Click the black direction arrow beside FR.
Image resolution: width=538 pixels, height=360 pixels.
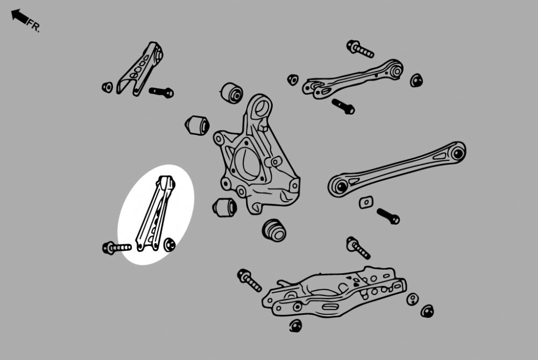(19, 17)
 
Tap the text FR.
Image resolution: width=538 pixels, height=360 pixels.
(33, 26)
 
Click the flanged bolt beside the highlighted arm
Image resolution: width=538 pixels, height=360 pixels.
(117, 248)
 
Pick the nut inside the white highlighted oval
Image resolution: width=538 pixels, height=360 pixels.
(169, 245)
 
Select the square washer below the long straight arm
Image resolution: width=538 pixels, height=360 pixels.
(366, 202)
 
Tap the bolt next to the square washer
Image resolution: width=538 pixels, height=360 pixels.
(388, 216)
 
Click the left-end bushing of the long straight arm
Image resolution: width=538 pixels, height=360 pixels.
(341, 186)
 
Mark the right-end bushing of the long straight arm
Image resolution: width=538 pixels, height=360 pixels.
(458, 153)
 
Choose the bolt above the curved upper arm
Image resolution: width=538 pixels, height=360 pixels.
(360, 49)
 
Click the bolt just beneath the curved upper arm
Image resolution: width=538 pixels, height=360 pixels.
(343, 107)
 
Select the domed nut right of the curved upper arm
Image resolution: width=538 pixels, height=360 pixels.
(416, 80)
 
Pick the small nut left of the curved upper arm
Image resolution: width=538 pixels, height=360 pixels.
(293, 80)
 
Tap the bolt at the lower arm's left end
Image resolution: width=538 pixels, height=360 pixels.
(250, 280)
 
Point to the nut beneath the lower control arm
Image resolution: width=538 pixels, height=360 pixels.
(295, 326)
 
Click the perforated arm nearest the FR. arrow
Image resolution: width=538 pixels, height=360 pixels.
(140, 69)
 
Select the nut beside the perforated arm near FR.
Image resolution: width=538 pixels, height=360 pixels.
(108, 87)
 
